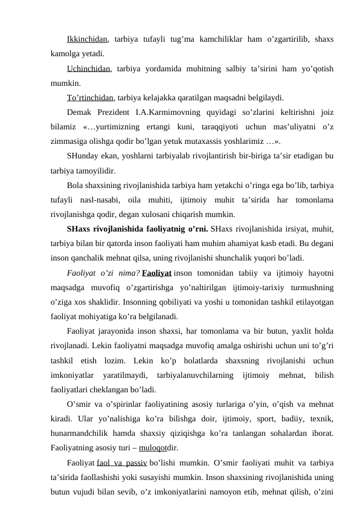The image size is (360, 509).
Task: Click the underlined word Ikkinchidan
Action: (88, 40)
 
